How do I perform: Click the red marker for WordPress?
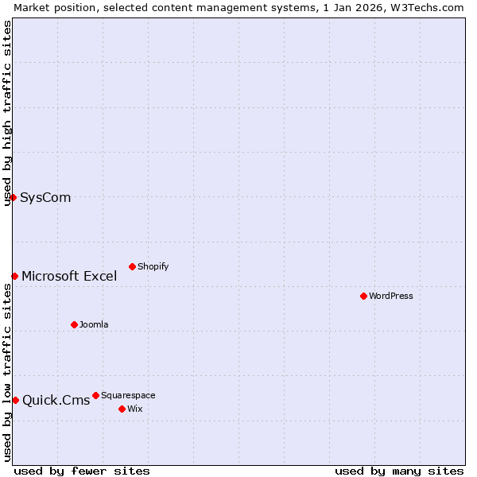363,296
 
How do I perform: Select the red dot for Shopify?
132,266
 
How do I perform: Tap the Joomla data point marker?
74,324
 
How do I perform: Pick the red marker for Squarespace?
95,395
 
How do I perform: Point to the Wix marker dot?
122,409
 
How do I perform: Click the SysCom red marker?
14,197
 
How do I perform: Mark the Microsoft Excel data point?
14,276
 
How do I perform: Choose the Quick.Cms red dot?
15,400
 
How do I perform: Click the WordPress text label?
391,296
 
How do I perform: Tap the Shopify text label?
153,266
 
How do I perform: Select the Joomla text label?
94,324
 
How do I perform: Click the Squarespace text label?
128,395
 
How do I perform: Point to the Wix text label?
134,409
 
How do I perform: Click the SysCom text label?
45,197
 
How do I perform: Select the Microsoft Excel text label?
69,276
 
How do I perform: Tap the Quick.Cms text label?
56,400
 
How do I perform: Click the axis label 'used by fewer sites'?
82,471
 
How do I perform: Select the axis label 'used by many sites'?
399,471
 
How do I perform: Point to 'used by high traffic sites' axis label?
7,114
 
